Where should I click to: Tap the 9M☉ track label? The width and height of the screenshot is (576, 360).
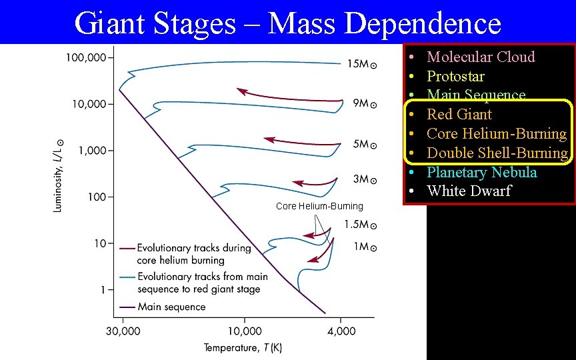pyautogui.click(x=365, y=103)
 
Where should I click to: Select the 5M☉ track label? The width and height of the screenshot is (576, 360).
pyautogui.click(x=365, y=145)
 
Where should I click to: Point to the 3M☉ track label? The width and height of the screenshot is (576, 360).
pyautogui.click(x=365, y=179)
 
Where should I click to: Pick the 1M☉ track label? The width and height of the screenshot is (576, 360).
pyautogui.click(x=365, y=247)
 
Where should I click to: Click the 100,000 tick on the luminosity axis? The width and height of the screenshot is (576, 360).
pyautogui.click(x=85, y=58)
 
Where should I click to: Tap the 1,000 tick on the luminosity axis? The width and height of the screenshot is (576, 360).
pyautogui.click(x=91, y=151)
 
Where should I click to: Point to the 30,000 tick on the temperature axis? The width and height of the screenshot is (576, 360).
pyautogui.click(x=123, y=331)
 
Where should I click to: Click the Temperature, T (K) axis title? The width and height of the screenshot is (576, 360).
pyautogui.click(x=243, y=347)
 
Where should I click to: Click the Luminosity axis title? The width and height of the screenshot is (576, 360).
pyautogui.click(x=59, y=176)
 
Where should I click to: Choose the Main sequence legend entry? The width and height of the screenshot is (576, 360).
pyautogui.click(x=171, y=307)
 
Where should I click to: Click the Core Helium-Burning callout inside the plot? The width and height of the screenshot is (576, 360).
pyautogui.click(x=319, y=206)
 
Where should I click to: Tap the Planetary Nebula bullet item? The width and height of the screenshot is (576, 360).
pyautogui.click(x=481, y=172)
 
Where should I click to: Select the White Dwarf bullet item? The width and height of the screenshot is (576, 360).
pyautogui.click(x=469, y=191)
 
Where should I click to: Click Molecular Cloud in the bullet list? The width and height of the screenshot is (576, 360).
pyautogui.click(x=481, y=57)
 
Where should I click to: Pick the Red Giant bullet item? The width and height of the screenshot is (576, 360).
pyautogui.click(x=459, y=115)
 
